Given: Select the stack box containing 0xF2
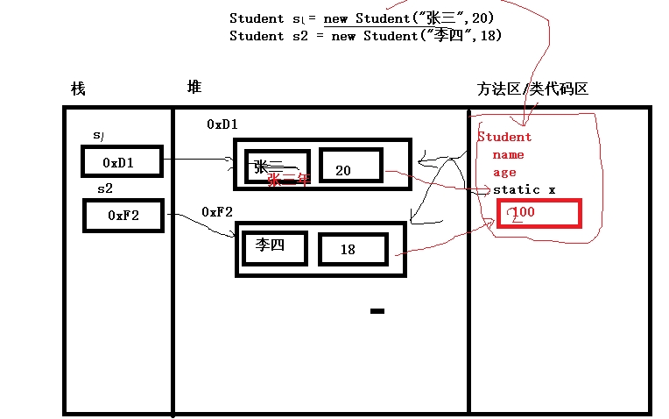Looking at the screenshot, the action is pos(123,215).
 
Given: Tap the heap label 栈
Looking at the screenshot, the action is pos(78,89).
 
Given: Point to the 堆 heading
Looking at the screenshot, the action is pos(194,87).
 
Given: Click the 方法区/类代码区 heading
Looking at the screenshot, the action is pos(532,89).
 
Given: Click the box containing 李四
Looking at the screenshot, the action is pos(274,246).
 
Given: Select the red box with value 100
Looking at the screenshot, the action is pos(538,213).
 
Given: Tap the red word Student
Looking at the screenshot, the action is pos(504,137).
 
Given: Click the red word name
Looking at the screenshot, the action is pos(508,154).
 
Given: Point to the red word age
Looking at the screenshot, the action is pos(504,172).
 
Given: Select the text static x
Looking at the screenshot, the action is pos(524,190).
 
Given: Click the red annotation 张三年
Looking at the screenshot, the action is pos(288,181).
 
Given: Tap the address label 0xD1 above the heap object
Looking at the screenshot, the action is pos(222,124).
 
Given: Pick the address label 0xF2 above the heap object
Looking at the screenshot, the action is pos(217,212).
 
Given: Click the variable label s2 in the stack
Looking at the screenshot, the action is pos(104,188).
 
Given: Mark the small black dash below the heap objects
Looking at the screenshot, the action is pos(377,310).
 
